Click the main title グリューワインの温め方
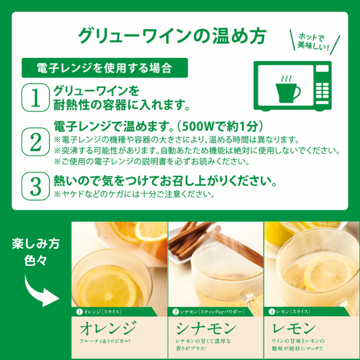pyautogui.click(x=172, y=35)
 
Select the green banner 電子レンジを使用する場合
pyautogui.click(x=104, y=67)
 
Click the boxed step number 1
pyautogui.click(x=35, y=98)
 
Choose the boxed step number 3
pyautogui.click(x=35, y=186)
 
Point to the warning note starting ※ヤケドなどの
pyautogui.click(x=134, y=195)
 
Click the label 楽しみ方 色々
pyautogui.click(x=35, y=252)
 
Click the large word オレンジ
pyautogui.click(x=108, y=328)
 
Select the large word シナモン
pyautogui.click(x=206, y=328)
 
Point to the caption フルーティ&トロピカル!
pyautogui.click(x=105, y=341)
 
